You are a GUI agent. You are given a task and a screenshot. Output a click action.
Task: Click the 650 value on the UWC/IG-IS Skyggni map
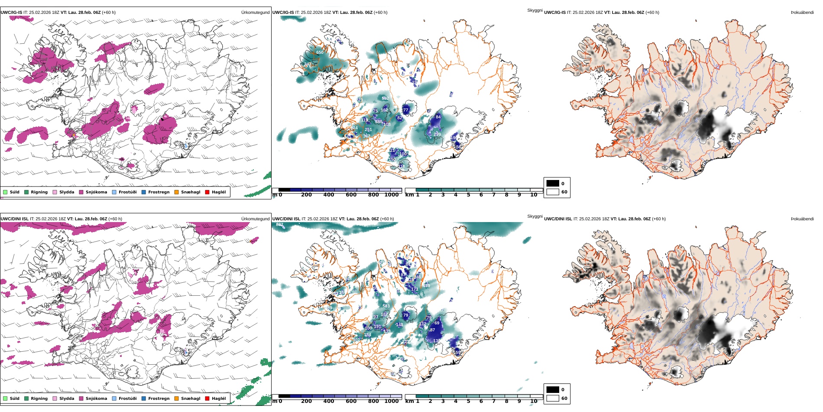[320, 52]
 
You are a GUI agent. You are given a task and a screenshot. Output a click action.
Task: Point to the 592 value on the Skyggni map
[385, 98]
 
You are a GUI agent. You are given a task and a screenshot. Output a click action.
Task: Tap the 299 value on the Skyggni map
[437, 134]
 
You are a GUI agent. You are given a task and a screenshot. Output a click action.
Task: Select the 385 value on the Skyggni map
[379, 122]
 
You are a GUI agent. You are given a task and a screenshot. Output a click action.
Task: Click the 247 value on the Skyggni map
[308, 64]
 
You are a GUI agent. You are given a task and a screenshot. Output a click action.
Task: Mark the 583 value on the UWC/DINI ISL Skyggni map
[386, 306]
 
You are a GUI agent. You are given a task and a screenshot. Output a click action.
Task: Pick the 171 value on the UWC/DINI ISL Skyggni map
[415, 289]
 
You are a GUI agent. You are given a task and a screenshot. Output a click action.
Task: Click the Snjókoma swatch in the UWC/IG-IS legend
[81, 192]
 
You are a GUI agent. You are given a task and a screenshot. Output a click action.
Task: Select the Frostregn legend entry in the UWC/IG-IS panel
[144, 192]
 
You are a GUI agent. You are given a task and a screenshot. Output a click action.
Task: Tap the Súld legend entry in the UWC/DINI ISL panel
[5, 399]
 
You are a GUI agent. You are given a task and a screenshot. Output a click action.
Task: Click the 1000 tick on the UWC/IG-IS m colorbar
[391, 195]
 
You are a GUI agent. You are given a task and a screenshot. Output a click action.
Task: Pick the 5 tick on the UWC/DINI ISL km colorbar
[468, 401]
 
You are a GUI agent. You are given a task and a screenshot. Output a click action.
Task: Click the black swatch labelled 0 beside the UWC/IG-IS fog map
[553, 183]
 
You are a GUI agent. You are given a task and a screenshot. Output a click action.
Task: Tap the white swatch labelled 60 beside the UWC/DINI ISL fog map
[553, 398]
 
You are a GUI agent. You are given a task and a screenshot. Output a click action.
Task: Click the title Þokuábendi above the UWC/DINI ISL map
[802, 219]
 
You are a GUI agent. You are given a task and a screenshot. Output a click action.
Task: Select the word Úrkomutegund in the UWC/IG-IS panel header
[255, 13]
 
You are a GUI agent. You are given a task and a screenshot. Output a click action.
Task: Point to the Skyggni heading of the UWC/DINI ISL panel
[535, 216]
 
